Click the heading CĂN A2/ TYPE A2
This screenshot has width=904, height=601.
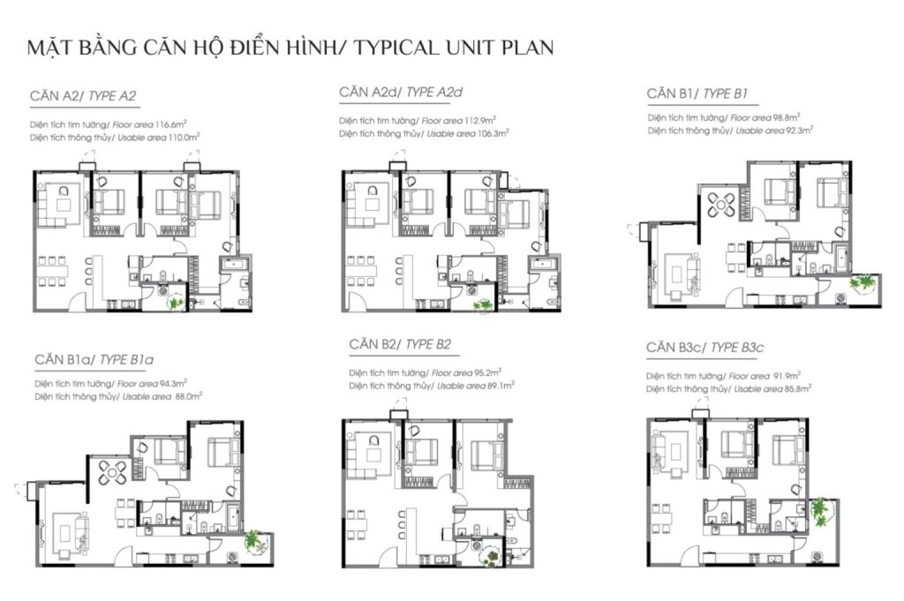[83, 95]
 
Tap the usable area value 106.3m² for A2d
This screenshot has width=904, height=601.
[493, 133]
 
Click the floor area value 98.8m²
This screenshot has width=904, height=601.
[787, 117]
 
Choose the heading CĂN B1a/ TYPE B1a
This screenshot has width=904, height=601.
[94, 359]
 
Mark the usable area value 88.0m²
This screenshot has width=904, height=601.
[189, 396]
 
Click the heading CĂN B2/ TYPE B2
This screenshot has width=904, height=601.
[400, 344]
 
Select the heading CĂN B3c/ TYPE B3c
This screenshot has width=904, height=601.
[705, 348]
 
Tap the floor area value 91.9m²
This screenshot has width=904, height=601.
[787, 376]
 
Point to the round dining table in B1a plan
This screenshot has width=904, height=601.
[112, 472]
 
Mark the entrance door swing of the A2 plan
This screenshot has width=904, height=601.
[76, 300]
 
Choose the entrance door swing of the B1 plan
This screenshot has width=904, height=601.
[734, 297]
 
